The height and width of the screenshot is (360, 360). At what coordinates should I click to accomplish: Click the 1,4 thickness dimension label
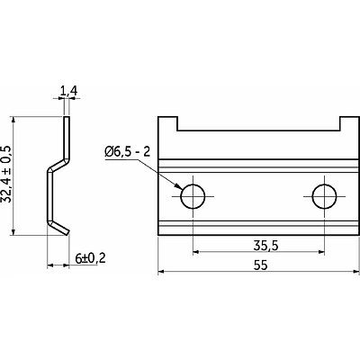pos(68,91)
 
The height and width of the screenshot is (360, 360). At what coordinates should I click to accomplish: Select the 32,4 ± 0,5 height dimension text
pos(6,175)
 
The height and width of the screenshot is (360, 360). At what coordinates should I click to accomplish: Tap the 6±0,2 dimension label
pos(90,258)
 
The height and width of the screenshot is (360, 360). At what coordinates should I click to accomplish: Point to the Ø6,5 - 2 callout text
pos(127,152)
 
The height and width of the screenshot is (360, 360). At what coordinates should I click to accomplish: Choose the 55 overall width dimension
pos(260,265)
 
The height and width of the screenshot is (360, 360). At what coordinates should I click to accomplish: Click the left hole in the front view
pos(193,196)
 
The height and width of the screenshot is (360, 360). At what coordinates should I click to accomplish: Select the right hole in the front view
pos(324,196)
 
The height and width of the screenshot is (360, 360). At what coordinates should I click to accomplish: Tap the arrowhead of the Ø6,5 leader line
pos(179,185)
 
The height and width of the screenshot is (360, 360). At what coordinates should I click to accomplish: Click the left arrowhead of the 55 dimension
pos(161,272)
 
